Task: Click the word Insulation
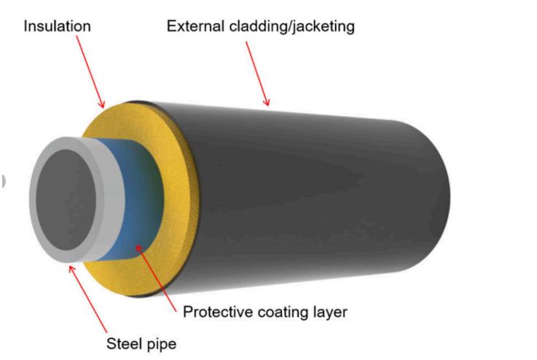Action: click(x=57, y=26)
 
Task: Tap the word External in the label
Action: click(x=192, y=26)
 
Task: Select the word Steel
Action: click(x=122, y=343)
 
